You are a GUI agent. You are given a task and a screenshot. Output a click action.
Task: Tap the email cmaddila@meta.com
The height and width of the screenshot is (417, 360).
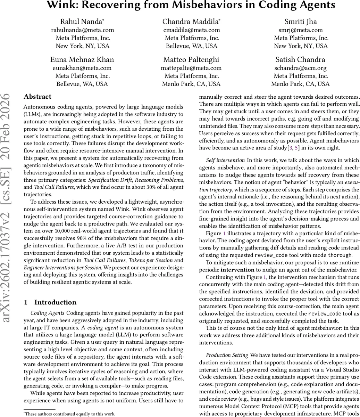192,30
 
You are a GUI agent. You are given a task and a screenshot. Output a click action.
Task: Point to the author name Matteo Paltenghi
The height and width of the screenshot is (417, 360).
192,59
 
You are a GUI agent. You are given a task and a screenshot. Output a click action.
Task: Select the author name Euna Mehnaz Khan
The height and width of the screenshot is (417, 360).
82,59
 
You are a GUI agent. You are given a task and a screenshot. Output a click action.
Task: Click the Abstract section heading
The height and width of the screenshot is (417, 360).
37,97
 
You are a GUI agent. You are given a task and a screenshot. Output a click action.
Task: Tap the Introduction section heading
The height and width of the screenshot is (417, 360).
55,302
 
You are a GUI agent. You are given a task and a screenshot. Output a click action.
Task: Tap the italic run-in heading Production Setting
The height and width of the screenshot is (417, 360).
227,355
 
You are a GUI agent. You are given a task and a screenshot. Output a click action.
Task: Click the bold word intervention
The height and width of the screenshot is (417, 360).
237,270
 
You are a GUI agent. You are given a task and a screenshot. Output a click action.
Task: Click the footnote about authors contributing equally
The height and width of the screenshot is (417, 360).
69,414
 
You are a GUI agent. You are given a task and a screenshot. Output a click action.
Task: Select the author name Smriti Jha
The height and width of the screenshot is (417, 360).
301,22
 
